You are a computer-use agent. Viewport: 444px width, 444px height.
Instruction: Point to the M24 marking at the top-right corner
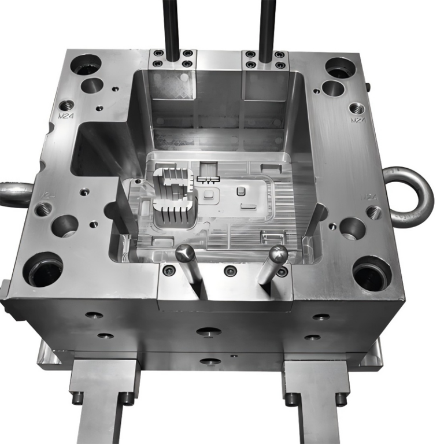pyautogui.click(x=358, y=120)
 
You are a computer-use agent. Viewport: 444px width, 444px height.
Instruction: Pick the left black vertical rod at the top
pyautogui.click(x=171, y=26)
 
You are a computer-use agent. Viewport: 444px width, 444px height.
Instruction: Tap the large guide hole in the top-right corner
pyautogui.click(x=340, y=68)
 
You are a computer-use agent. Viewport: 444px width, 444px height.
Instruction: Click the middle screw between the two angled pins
pyautogui.click(x=230, y=271)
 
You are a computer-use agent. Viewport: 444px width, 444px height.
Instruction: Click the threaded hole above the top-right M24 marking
pyautogui.click(x=357, y=108)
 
